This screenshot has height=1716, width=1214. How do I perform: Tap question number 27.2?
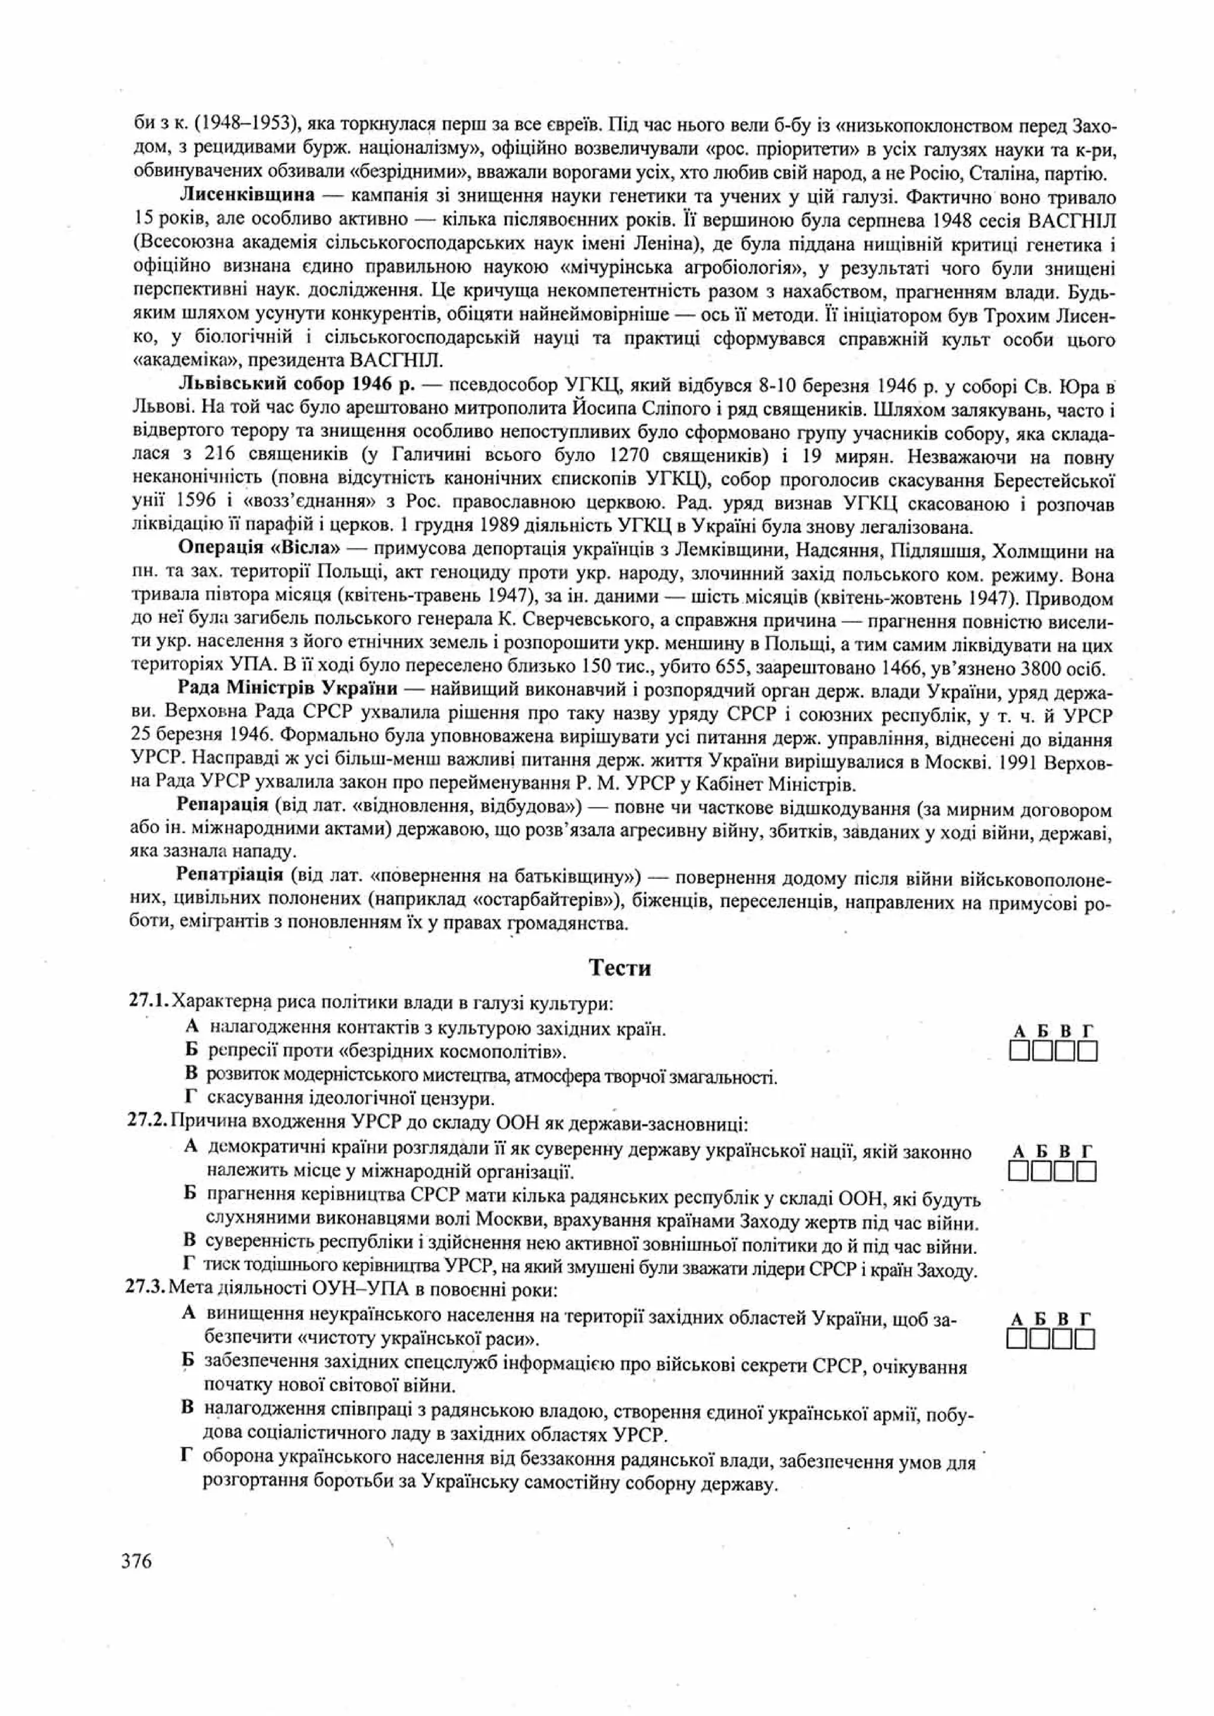(149, 1123)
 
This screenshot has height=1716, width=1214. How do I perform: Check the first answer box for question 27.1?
(1019, 1053)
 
